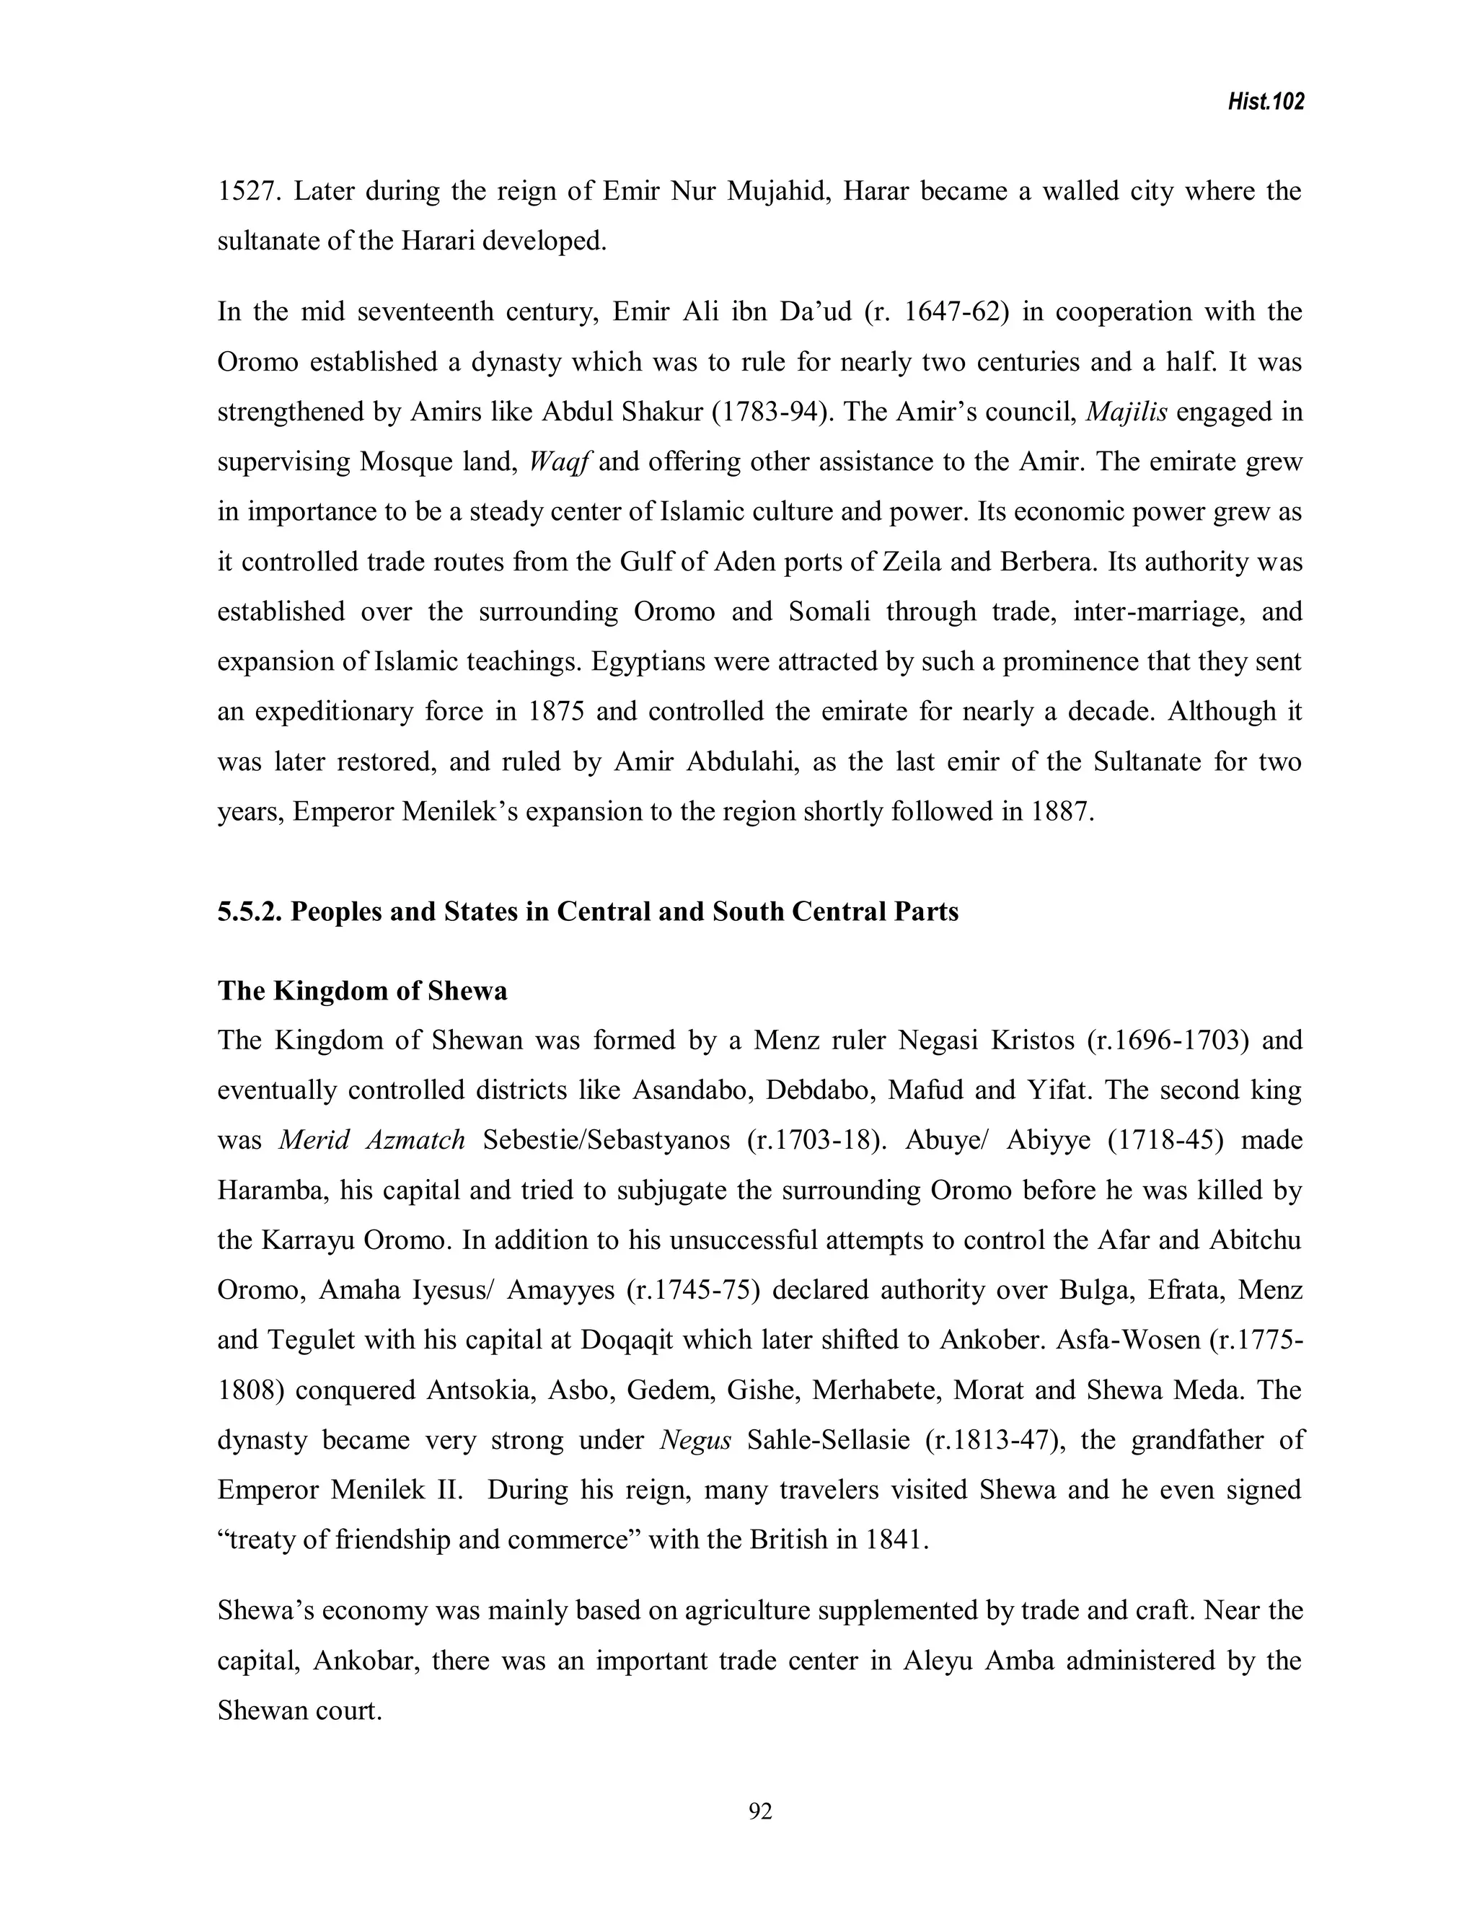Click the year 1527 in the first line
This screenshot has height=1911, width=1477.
(x=247, y=191)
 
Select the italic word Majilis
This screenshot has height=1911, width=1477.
(x=1125, y=411)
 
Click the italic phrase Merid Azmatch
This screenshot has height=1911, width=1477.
(x=372, y=1140)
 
